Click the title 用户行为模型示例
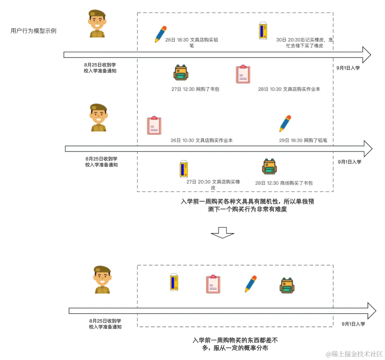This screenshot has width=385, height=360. (34, 31)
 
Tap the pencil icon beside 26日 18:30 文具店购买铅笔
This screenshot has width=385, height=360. (160, 34)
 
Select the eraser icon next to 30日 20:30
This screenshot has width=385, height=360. (263, 31)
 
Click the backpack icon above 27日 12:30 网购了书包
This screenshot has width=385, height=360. (181, 73)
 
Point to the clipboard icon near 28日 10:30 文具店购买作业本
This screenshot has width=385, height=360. (243, 74)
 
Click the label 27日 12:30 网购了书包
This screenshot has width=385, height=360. (195, 89)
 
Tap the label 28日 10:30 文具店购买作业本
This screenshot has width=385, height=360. (289, 89)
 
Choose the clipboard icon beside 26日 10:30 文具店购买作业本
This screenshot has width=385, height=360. (154, 125)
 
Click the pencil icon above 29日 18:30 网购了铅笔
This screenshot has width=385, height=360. (285, 123)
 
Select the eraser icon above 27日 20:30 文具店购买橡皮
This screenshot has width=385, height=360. (184, 169)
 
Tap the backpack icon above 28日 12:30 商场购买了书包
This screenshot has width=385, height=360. (269, 166)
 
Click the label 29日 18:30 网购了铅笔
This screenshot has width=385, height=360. (303, 140)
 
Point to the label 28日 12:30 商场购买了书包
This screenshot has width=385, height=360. (284, 183)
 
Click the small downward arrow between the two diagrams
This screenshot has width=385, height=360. (222, 232)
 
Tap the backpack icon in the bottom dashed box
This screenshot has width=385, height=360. (287, 286)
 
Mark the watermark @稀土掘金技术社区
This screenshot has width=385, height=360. (354, 354)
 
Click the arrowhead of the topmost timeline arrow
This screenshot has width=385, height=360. (367, 55)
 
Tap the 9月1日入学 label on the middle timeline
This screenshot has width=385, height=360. (350, 162)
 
